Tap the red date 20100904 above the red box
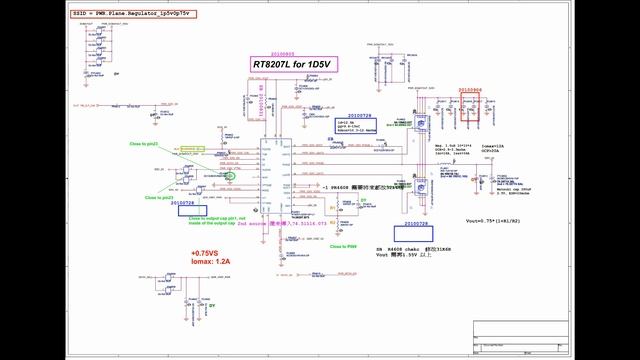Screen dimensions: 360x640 [471, 89]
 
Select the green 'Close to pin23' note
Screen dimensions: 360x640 [159, 198]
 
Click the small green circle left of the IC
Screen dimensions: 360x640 [231, 176]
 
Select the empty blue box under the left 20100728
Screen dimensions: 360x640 [196, 212]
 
